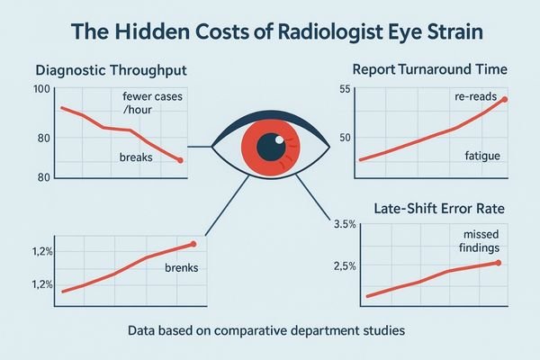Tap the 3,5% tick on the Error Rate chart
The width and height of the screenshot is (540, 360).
coord(345,224)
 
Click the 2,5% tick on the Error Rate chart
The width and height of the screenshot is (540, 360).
coord(345,265)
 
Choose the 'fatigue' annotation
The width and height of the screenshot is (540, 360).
coord(481,157)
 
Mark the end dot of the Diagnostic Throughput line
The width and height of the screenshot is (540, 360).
coord(181,160)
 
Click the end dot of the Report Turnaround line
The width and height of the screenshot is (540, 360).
coord(504,99)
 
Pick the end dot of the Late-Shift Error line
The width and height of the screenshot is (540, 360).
coord(498,263)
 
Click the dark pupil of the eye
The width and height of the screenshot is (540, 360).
coord(268,145)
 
